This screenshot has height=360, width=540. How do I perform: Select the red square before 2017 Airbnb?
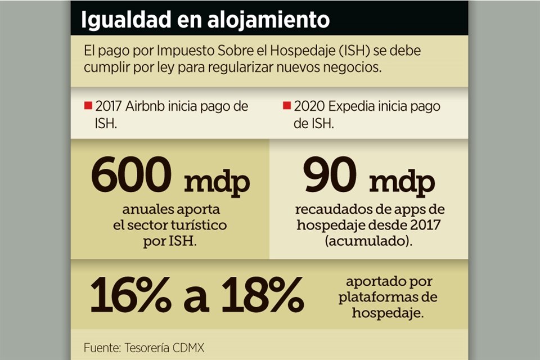(88, 106)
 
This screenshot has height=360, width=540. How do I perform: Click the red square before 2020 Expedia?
(286, 106)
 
